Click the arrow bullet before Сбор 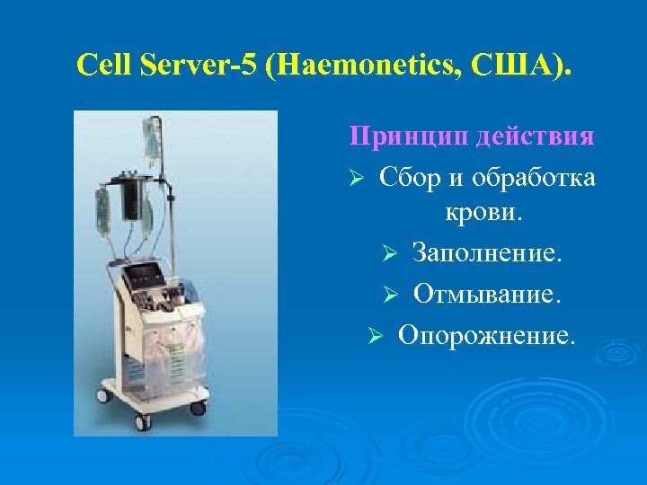(356, 178)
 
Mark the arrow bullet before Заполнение (390, 256)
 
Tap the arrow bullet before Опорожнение (377, 335)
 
